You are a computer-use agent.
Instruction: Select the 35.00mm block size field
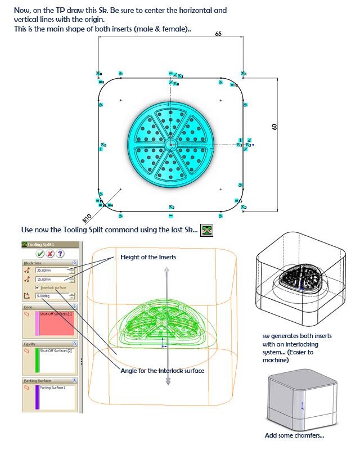click(51, 271)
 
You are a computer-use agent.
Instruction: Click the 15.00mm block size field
click(51, 279)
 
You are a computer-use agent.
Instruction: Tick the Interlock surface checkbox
click(38, 287)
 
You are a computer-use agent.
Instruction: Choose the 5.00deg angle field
click(51, 295)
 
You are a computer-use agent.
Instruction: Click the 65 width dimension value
click(218, 34)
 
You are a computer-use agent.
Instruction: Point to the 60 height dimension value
click(274, 128)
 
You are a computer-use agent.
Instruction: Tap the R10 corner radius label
click(87, 217)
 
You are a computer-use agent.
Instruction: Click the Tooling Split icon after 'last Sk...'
click(207, 230)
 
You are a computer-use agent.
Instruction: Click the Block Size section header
click(34, 263)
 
